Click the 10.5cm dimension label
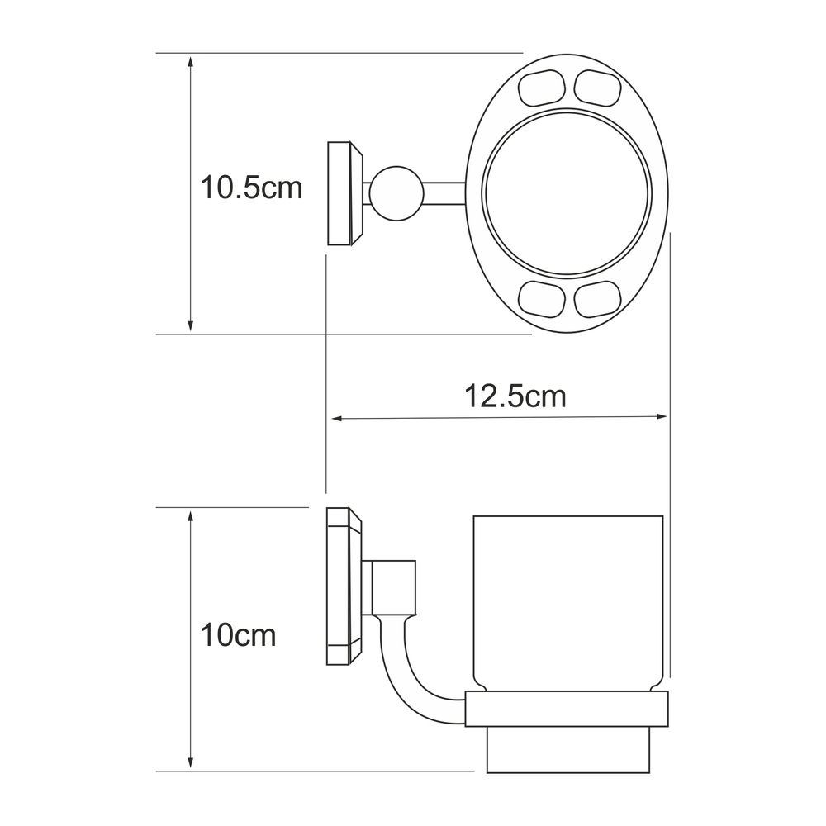pyautogui.click(x=252, y=188)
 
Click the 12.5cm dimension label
pyautogui.click(x=515, y=396)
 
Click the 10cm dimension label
pyautogui.click(x=238, y=635)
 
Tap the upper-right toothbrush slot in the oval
pyautogui.click(x=597, y=88)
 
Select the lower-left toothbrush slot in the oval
pyautogui.click(x=542, y=300)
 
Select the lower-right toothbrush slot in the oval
pyautogui.click(x=597, y=300)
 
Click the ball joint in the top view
pyautogui.click(x=396, y=193)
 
